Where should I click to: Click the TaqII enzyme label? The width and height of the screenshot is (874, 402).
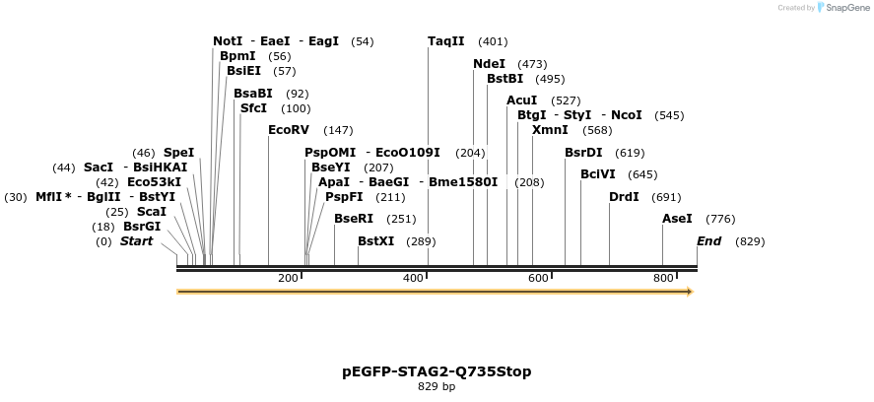446,41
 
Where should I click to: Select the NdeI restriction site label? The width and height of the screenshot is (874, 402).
489,64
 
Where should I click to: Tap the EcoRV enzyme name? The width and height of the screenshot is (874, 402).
289,130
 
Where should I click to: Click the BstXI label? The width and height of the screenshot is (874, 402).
375,241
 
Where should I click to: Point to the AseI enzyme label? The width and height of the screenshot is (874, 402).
677,219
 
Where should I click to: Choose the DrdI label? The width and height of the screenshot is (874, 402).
624,197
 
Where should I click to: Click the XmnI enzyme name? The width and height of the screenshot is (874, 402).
550,130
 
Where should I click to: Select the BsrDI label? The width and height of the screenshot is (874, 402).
583,153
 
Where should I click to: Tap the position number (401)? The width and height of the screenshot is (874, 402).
493,41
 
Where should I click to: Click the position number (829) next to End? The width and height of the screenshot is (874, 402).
750,241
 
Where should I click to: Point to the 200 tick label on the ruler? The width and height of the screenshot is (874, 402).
288,279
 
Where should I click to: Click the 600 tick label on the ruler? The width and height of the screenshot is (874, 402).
538,279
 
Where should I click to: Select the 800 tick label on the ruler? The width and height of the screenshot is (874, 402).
664,279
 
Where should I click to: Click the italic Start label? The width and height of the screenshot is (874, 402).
137,241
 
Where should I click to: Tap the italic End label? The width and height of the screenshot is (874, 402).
709,241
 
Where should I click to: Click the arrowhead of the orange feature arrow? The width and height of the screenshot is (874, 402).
690,292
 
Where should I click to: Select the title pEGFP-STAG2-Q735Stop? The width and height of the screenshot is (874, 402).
437,371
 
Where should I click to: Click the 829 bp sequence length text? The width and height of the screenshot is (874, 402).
437,387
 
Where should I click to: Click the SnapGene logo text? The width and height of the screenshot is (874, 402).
846,8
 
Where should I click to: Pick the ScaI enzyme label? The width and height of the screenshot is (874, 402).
151,212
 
